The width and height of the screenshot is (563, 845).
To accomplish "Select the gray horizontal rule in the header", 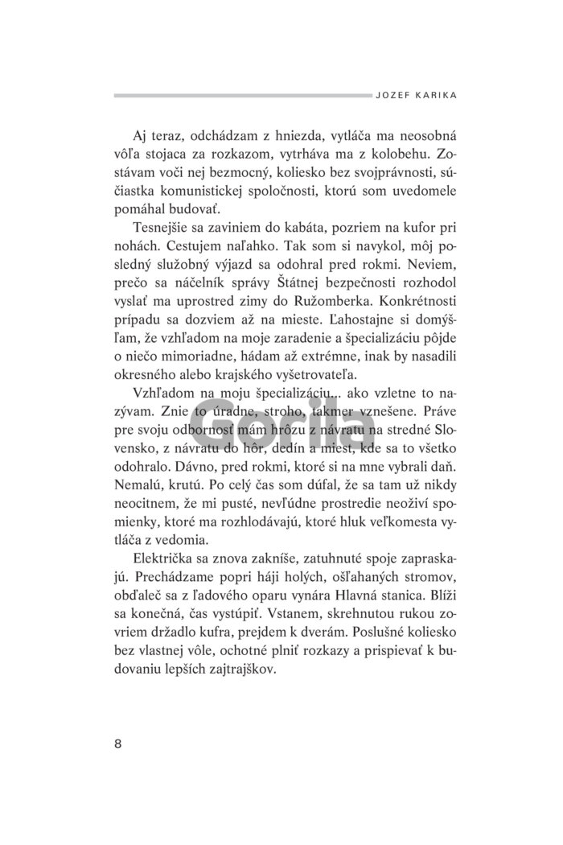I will [x=241, y=95].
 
